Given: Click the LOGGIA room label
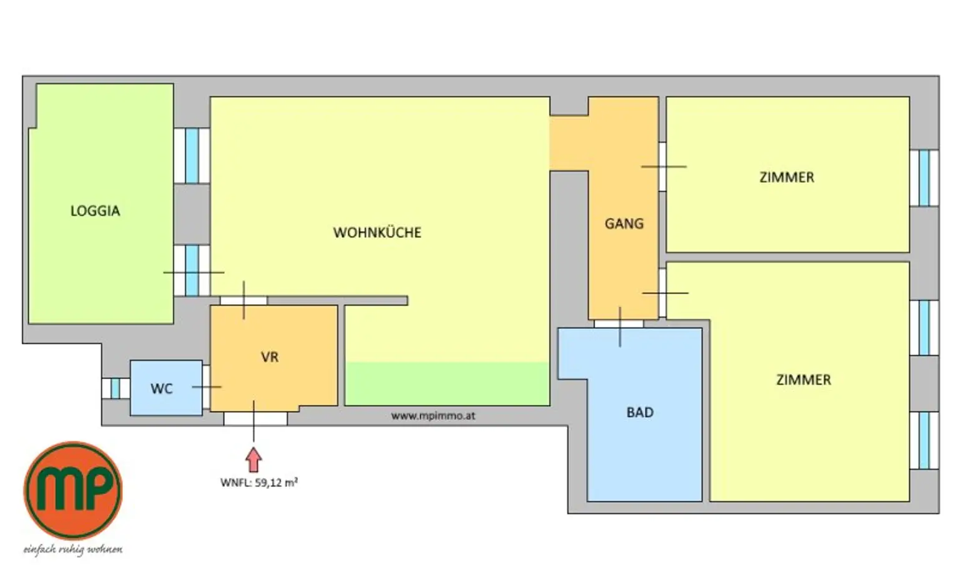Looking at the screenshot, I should [95, 211].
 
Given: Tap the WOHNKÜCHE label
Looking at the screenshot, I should [377, 233].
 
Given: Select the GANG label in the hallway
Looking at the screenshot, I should [624, 223].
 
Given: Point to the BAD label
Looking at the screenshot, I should [640, 412].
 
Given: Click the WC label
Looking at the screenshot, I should [161, 389].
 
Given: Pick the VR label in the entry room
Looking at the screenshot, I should [270, 357].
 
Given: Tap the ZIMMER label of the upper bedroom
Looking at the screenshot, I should [787, 177].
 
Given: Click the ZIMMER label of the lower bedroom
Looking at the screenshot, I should [804, 380].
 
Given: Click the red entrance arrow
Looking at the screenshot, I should [253, 460].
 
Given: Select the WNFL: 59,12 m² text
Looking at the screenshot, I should [258, 483].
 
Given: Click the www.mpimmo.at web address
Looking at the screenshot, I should [433, 415].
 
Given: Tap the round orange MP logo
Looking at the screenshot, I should [73, 491].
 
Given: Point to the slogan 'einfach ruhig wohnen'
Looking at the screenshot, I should [73, 549].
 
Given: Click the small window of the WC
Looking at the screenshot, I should [116, 388].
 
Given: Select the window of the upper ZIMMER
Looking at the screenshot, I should [924, 178].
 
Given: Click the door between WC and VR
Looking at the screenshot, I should [206, 387].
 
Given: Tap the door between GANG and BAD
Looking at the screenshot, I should [619, 324].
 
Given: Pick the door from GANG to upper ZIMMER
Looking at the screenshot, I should [662, 167].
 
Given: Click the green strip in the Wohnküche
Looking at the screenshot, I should [447, 383].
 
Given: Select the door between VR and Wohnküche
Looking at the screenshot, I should [243, 300].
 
